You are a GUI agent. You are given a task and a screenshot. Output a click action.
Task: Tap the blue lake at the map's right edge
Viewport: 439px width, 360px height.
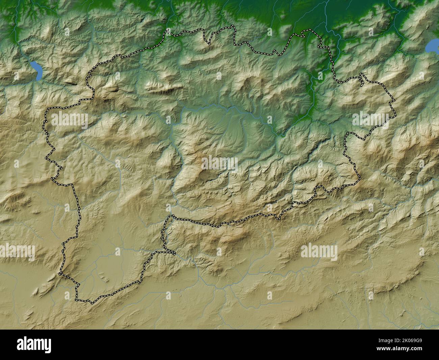(x=432, y=46)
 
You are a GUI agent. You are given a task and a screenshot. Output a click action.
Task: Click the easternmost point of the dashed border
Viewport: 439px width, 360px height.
(x=395, y=100)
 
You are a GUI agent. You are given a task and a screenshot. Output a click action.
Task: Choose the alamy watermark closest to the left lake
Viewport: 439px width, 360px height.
(x=69, y=120)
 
